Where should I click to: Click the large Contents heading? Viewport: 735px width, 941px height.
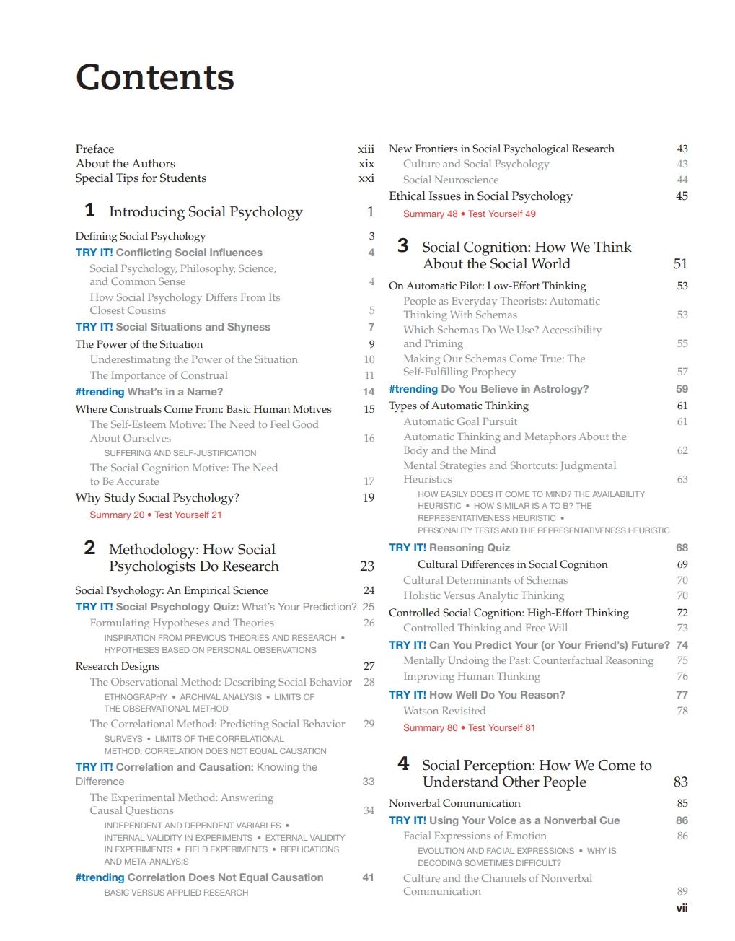point(154,77)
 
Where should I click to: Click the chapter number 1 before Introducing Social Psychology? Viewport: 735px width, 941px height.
point(89,211)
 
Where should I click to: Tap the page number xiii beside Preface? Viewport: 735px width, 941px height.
point(366,149)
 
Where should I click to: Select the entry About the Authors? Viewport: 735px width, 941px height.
point(125,164)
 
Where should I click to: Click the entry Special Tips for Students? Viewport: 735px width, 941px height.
point(141,178)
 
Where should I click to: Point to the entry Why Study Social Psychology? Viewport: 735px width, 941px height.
point(157,498)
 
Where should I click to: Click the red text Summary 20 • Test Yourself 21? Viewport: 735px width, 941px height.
point(155,515)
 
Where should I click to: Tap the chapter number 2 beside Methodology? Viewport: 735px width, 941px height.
point(89,548)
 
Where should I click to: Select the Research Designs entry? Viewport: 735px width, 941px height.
point(117,666)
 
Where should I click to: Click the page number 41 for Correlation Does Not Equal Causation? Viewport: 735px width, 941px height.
point(368,877)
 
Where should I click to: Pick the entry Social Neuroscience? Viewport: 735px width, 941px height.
point(450,180)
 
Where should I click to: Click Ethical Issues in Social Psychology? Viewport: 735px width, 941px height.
point(480,196)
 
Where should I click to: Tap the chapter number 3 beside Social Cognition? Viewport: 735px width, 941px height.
point(403,246)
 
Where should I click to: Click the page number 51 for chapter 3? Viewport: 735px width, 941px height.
point(680,264)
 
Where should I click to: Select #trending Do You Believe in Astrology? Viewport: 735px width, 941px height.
point(488,389)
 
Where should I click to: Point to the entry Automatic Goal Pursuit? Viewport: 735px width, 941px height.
point(460,421)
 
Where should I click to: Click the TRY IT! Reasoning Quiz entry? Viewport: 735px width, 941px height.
point(449,548)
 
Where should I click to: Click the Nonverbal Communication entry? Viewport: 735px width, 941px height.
point(454,803)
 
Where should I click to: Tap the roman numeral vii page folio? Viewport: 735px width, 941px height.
point(681,909)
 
